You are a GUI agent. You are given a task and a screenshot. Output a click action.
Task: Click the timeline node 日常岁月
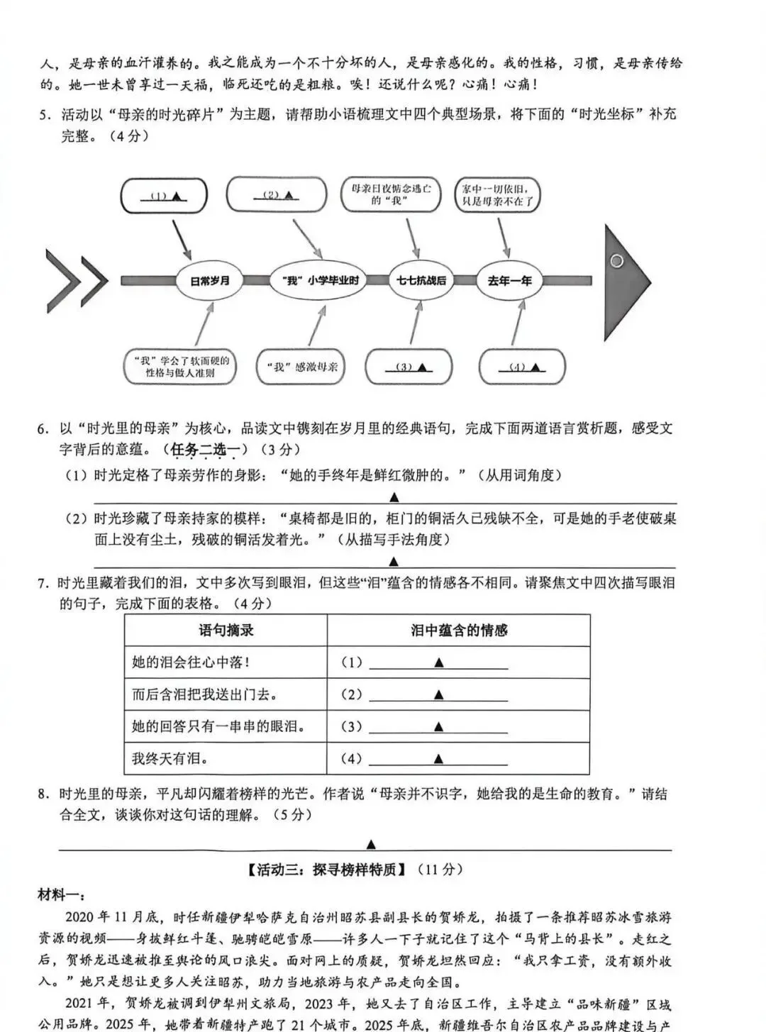coord(210,280)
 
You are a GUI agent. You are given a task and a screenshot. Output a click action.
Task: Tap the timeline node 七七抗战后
coord(421,280)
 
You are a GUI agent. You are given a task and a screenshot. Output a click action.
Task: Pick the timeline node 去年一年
coord(509,280)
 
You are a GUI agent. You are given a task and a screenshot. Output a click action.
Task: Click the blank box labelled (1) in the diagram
coord(164,196)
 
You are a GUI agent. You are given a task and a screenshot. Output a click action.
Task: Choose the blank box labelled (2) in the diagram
coord(276,194)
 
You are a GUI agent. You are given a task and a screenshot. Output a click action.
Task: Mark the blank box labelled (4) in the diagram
coord(522,367)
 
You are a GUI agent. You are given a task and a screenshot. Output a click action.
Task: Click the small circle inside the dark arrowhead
coord(616,261)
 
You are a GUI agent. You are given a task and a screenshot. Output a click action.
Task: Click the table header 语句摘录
coord(226,630)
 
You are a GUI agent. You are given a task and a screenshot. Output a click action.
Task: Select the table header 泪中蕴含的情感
coord(458,630)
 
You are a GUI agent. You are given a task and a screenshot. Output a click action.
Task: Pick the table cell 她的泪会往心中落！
coord(190,662)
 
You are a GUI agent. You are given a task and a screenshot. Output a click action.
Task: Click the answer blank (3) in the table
coord(438,726)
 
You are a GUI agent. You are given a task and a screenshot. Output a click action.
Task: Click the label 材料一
coord(61,895)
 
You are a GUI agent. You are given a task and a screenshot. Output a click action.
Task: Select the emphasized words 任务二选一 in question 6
coord(206,449)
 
